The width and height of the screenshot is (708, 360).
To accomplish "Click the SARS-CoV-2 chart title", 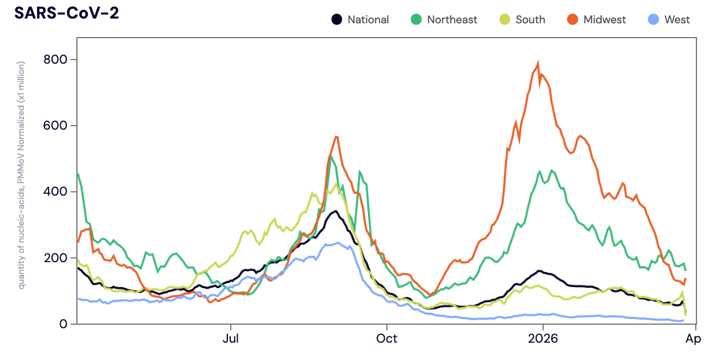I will pyautogui.click(x=67, y=13).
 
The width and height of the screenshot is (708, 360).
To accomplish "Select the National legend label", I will pyautogui.click(x=368, y=20).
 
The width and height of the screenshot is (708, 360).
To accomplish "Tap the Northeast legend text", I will pyautogui.click(x=452, y=20).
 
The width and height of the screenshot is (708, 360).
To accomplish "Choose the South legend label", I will pyautogui.click(x=530, y=20).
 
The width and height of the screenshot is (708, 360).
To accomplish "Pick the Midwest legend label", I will pyautogui.click(x=604, y=20).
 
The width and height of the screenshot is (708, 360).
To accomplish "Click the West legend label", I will pyautogui.click(x=677, y=20).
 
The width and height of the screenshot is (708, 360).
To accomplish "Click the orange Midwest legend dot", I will pyautogui.click(x=572, y=20).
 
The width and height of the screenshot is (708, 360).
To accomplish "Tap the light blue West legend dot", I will pyautogui.click(x=653, y=20).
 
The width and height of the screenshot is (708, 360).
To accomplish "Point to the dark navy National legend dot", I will pyautogui.click(x=336, y=20).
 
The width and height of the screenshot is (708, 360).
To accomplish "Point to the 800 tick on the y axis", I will pyautogui.click(x=56, y=60).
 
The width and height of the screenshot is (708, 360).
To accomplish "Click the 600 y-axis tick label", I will pyautogui.click(x=56, y=126).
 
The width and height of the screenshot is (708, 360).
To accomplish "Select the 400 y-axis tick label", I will pyautogui.click(x=56, y=192).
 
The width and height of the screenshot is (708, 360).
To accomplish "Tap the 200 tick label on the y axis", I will pyautogui.click(x=56, y=258).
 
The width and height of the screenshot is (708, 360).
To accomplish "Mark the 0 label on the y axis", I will pyautogui.click(x=64, y=324).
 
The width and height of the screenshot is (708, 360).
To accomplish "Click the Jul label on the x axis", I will pyautogui.click(x=231, y=339).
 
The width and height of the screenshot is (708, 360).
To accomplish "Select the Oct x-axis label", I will pyautogui.click(x=386, y=339).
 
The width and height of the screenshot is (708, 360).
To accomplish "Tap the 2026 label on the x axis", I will pyautogui.click(x=543, y=339).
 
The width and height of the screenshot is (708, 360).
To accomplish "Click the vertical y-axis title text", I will pyautogui.click(x=21, y=175).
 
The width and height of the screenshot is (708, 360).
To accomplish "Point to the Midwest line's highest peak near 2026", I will pyautogui.click(x=539, y=62).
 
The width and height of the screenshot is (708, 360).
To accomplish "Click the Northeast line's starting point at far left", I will pyautogui.click(x=78, y=174).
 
